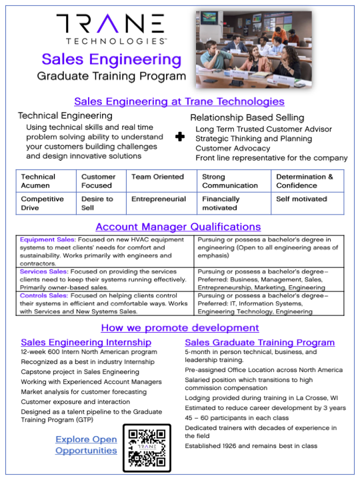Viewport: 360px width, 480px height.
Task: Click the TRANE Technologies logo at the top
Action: coord(110,30)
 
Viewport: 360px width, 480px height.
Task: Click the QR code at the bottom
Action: coord(147,449)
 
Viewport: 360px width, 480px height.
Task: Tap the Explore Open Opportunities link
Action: coord(86,445)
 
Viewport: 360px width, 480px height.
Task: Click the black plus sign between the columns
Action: coord(179,137)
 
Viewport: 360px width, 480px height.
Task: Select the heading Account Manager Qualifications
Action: coord(178,227)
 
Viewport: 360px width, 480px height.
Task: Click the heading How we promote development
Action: coord(180,327)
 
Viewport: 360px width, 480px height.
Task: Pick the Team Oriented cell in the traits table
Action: coord(157,177)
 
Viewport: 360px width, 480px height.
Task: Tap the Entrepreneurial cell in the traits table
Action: coord(159,199)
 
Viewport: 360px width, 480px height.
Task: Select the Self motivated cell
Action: coord(301,199)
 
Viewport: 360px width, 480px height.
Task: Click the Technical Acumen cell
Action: coord(39,181)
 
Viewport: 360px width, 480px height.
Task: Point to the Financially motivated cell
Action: coord(221,203)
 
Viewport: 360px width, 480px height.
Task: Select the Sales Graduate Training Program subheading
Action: coord(259,343)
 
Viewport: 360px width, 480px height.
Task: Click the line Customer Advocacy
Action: coord(233,148)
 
